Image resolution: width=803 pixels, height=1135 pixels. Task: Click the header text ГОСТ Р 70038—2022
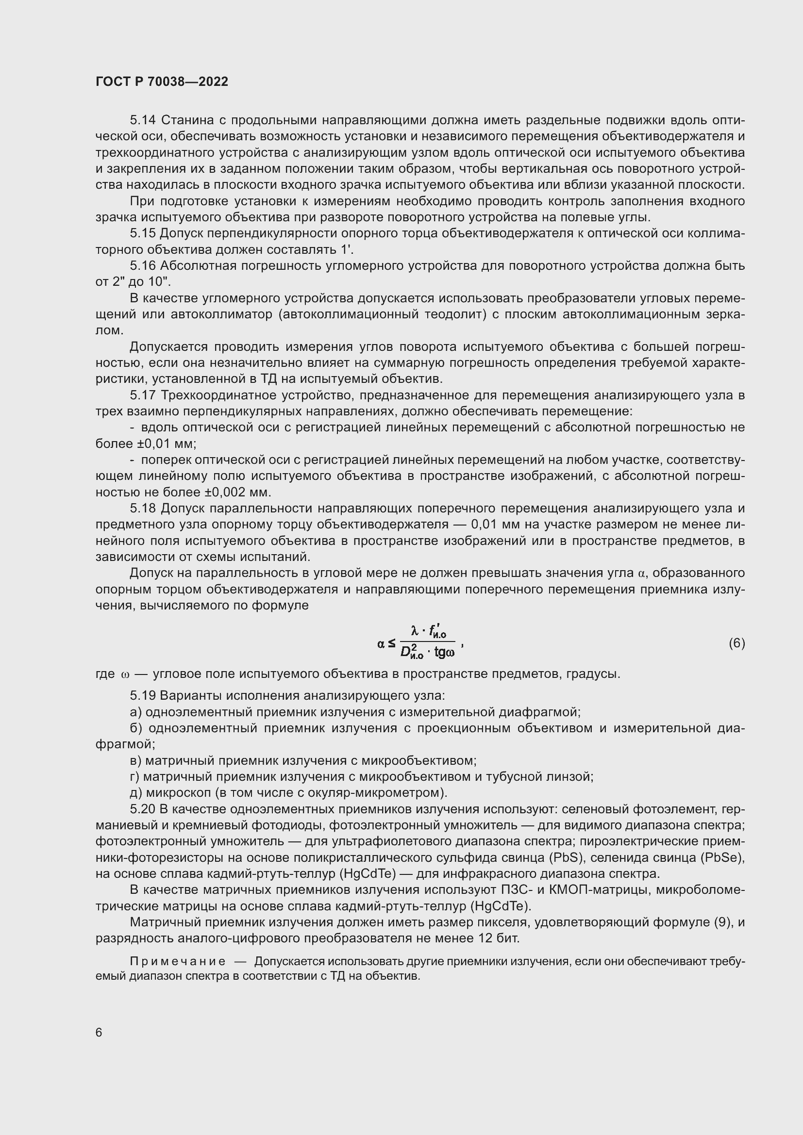[162, 82]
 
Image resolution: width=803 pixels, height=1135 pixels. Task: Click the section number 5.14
[143, 120]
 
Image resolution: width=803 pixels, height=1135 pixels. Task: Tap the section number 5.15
[143, 233]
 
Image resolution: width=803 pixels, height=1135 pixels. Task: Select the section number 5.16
[143, 266]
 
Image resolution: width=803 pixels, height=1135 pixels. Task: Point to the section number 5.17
[143, 395]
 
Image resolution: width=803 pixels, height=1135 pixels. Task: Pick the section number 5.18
[143, 509]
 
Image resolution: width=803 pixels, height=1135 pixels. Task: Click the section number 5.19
[143, 695]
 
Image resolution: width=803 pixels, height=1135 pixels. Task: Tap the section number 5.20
[143, 809]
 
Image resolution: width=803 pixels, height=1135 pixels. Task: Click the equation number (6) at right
[736, 643]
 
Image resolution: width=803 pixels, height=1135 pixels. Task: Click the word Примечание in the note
[178, 961]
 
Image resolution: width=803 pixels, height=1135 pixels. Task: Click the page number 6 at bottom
[99, 1033]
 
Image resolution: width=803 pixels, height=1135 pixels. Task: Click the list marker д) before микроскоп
[135, 793]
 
